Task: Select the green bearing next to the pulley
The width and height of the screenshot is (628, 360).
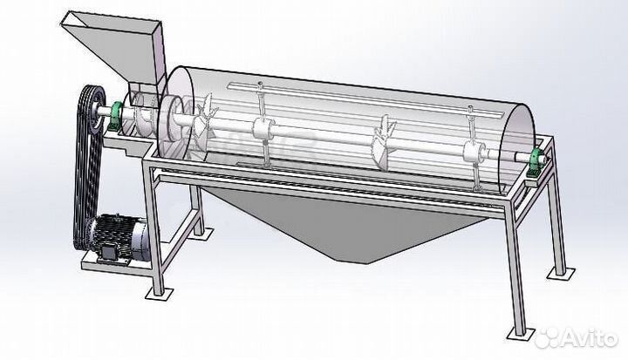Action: [116, 115]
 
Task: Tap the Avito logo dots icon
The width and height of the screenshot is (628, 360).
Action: [548, 338]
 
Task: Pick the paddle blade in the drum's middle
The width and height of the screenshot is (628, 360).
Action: [384, 143]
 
